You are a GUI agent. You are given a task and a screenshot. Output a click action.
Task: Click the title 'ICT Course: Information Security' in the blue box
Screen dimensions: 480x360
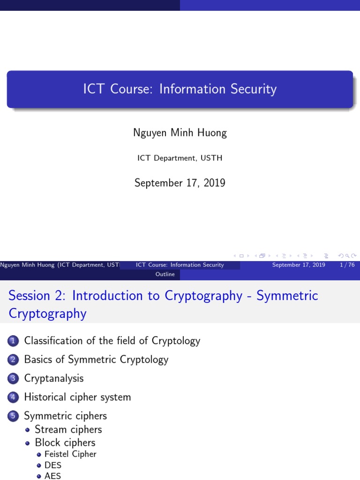tap(180, 89)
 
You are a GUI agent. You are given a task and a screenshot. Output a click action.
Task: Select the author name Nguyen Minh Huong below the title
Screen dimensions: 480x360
tap(180, 133)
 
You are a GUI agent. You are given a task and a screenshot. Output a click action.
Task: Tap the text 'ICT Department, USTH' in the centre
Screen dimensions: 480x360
tap(180, 158)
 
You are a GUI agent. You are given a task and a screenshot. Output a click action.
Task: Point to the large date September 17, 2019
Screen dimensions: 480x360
tap(180, 183)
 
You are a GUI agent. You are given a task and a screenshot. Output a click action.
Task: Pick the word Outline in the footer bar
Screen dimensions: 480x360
tap(165, 274)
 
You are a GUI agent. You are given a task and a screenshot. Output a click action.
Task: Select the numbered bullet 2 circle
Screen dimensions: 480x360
tap(13, 360)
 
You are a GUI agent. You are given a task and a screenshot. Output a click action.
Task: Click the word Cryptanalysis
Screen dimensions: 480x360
tap(54, 378)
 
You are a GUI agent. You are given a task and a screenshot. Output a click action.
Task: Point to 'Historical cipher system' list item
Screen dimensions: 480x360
tap(77, 397)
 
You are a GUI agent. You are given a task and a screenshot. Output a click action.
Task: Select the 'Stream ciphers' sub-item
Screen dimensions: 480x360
tap(68, 429)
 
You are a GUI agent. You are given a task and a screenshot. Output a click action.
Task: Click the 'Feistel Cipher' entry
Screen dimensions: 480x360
tap(70, 454)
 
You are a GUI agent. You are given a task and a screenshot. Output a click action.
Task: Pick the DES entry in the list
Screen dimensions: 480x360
tap(53, 465)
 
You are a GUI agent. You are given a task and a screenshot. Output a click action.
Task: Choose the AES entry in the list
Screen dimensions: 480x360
tap(52, 476)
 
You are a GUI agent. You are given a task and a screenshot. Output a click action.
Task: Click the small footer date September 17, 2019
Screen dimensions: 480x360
tap(299, 265)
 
